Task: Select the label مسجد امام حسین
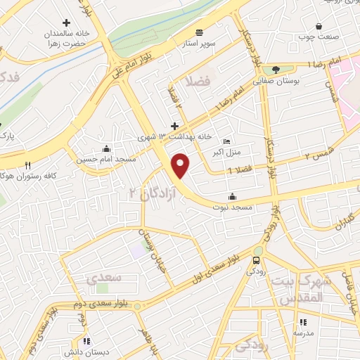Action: (x=105, y=159)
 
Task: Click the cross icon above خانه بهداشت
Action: (x=174, y=127)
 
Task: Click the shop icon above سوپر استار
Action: (x=200, y=32)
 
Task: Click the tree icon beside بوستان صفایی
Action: (x=276, y=70)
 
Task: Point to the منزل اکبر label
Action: (x=226, y=150)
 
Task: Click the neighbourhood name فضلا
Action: (x=197, y=82)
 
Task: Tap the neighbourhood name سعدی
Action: (x=104, y=278)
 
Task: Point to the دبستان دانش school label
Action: (x=86, y=350)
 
